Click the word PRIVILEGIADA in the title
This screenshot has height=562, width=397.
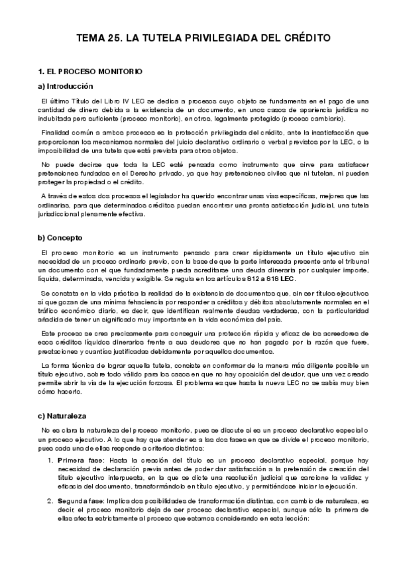pos(219,38)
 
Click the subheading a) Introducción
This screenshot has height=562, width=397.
pos(66,86)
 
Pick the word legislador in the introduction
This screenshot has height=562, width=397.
pos(144,196)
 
